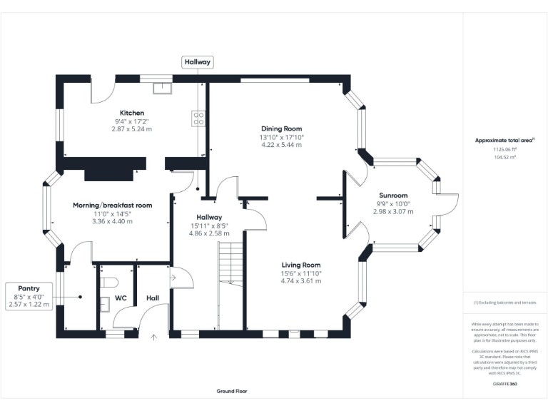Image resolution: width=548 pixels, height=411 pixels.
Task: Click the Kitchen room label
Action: click(132, 113)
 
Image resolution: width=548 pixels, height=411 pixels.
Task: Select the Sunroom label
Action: click(393, 196)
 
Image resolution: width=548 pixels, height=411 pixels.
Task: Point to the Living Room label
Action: click(300, 264)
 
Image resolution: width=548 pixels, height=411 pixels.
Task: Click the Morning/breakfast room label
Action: click(112, 205)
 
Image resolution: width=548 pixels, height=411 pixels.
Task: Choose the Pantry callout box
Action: click(29, 296)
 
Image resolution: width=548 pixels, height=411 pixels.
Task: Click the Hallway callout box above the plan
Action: click(198, 63)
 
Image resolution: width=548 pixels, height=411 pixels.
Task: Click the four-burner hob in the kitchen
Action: click(198, 118)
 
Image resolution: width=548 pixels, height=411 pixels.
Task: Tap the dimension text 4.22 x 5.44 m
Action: click(281, 145)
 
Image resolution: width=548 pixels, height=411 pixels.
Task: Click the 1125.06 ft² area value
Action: click(505, 150)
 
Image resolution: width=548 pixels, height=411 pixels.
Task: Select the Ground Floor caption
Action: click(232, 391)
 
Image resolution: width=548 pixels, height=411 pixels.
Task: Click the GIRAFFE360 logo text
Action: click(505, 385)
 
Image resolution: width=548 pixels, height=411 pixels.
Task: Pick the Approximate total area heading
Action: click(505, 141)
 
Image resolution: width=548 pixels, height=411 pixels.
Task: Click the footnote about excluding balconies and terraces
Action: click(505, 303)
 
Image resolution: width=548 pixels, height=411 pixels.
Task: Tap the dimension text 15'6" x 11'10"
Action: click(300, 273)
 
